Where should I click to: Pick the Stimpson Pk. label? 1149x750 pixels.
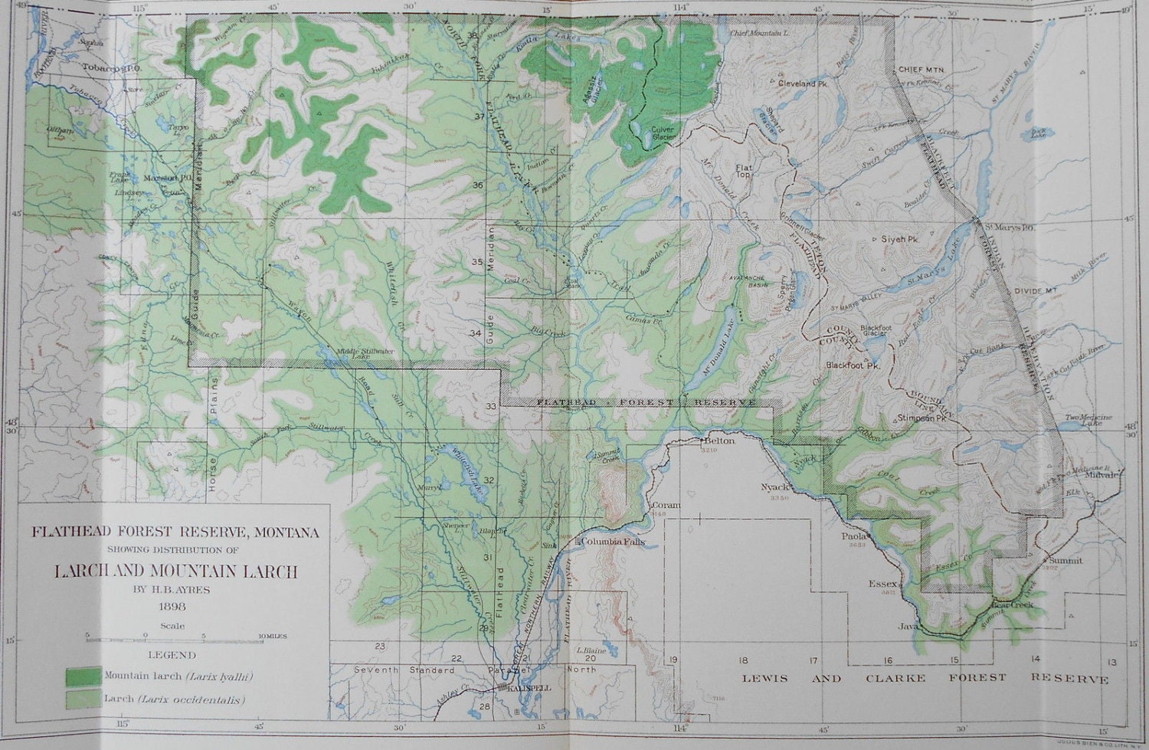click(923, 419)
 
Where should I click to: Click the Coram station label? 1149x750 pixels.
click(662, 506)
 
